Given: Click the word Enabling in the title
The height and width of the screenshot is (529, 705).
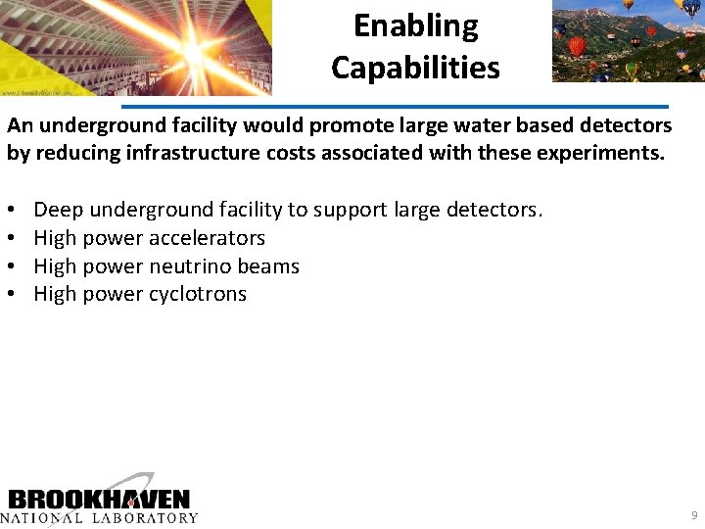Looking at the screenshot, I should (x=415, y=25).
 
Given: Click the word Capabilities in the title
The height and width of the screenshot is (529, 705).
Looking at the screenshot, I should (x=415, y=68).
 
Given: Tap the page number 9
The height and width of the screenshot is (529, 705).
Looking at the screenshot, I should (x=694, y=515).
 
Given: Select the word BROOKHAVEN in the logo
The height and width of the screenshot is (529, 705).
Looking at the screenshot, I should (x=99, y=499).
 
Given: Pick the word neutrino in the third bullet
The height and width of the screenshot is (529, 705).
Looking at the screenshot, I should (x=194, y=265).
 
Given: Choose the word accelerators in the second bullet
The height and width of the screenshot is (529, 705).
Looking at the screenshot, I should (x=207, y=237).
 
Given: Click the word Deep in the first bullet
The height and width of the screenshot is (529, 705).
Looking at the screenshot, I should (x=59, y=209).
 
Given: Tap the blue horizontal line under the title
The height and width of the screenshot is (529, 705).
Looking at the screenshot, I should (x=395, y=105).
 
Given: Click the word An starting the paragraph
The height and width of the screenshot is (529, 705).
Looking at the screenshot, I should (x=20, y=126).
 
